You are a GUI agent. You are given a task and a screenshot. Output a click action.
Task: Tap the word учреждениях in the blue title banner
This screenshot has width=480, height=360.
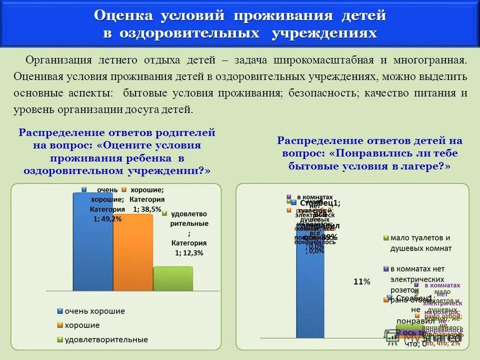pyautogui.click(x=324, y=34)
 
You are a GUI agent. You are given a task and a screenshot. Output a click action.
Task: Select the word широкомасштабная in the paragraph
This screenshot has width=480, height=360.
pyautogui.click(x=323, y=60)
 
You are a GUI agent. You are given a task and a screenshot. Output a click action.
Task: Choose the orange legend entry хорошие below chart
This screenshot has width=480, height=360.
pyautogui.click(x=82, y=325)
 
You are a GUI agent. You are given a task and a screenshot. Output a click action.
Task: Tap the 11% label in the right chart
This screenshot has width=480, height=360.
pyautogui.click(x=361, y=282)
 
